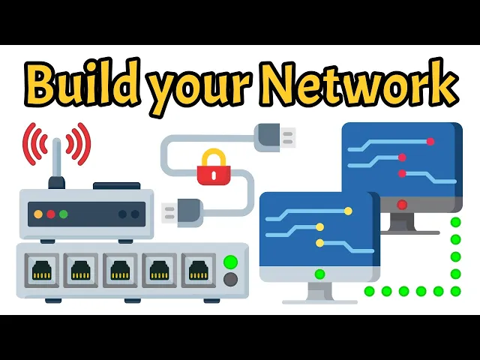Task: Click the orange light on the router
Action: (x=38, y=214)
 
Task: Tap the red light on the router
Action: (x=51, y=214)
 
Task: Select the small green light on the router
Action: (x=64, y=214)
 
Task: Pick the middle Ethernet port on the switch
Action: (x=118, y=269)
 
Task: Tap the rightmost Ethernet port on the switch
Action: (x=198, y=269)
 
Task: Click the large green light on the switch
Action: (x=231, y=262)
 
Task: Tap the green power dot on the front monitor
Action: (x=320, y=274)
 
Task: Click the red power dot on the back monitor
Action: (x=403, y=204)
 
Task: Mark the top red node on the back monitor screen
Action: (x=430, y=141)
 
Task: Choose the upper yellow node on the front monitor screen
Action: (x=347, y=211)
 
